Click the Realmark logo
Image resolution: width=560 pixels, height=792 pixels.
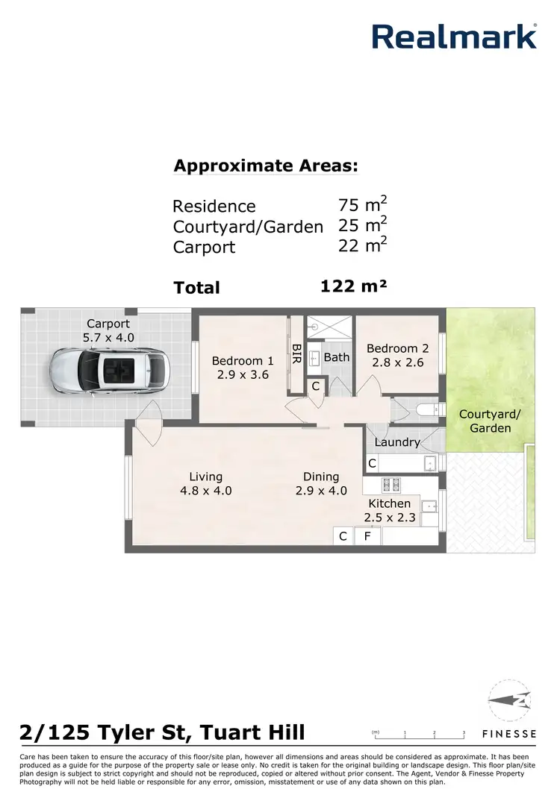pyautogui.click(x=454, y=36)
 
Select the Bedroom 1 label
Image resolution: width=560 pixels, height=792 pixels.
pyautogui.click(x=237, y=361)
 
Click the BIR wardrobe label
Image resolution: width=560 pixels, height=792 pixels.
pyautogui.click(x=296, y=351)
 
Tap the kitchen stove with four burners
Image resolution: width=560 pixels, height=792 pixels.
pyautogui.click(x=391, y=484)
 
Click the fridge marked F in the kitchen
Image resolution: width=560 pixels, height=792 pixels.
pyautogui.click(x=367, y=536)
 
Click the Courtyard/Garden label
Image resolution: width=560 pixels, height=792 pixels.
pyautogui.click(x=484, y=421)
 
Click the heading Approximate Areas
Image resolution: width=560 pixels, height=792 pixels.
pyautogui.click(x=266, y=166)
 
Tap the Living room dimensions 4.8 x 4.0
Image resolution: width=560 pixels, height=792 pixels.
pyautogui.click(x=205, y=491)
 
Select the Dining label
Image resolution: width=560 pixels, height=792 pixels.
pyautogui.click(x=321, y=477)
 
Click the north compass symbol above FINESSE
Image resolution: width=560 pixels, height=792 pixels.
pyautogui.click(x=512, y=701)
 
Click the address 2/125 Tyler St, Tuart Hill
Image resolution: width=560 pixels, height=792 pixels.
pyautogui.click(x=162, y=732)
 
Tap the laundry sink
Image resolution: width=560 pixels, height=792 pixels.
pyautogui.click(x=429, y=464)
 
